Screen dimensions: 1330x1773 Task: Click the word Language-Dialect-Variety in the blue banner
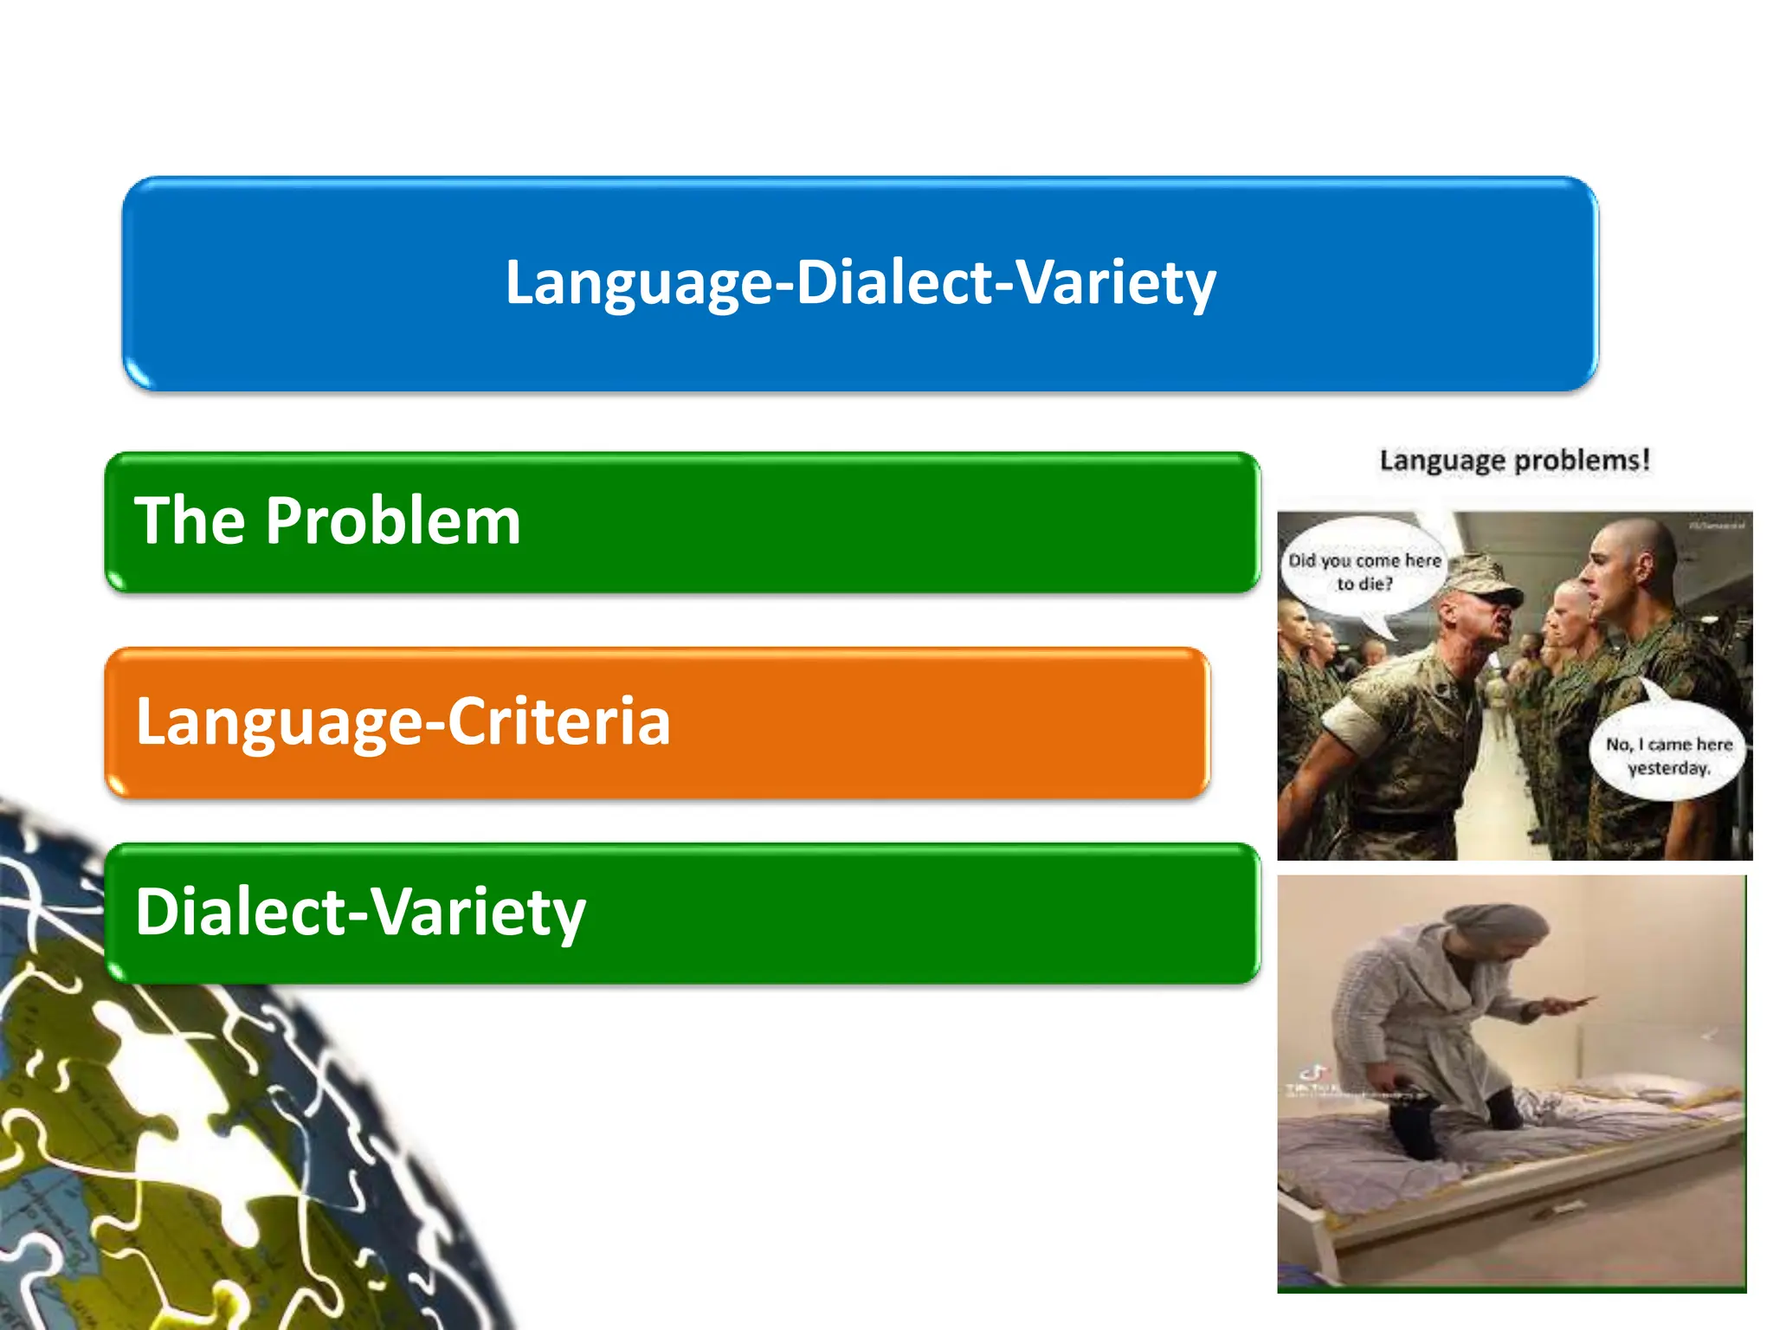[860, 282]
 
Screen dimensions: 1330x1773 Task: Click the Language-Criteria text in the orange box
[403, 721]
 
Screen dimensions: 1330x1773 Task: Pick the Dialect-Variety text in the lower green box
[360, 912]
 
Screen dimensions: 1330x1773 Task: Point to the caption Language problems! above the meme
[1514, 460]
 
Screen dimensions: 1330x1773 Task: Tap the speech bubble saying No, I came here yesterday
[1667, 754]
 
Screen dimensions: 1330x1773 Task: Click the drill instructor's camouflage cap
[1482, 578]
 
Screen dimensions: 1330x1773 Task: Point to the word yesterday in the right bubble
[1668, 768]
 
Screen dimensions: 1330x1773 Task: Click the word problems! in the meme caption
[1587, 460]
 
